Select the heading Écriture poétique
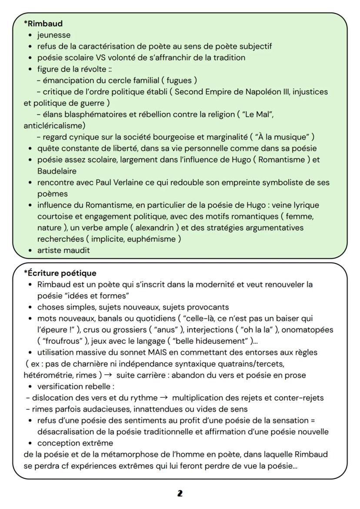(61, 273)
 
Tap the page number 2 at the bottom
(180, 493)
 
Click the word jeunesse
(54, 35)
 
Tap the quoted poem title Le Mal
(257, 115)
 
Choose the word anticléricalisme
(54, 126)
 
